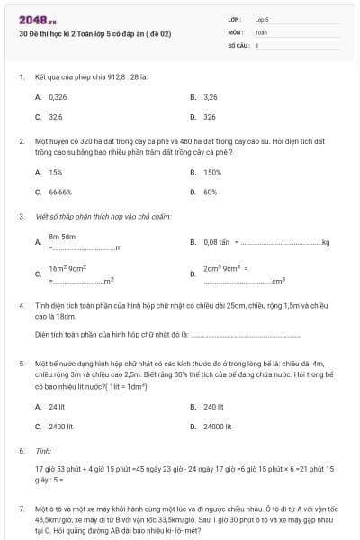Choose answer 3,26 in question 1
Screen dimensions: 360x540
pyautogui.click(x=211, y=96)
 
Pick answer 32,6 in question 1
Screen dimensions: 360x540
pyautogui.click(x=56, y=117)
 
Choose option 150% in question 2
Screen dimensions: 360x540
pyautogui.click(x=212, y=172)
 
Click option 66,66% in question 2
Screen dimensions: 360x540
pyautogui.click(x=60, y=192)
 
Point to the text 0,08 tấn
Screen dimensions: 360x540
pyautogui.click(x=217, y=242)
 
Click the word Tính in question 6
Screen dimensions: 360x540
pyautogui.click(x=42, y=450)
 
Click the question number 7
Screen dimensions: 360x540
pyautogui.click(x=22, y=508)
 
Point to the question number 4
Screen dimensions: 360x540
pyautogui.click(x=22, y=305)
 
